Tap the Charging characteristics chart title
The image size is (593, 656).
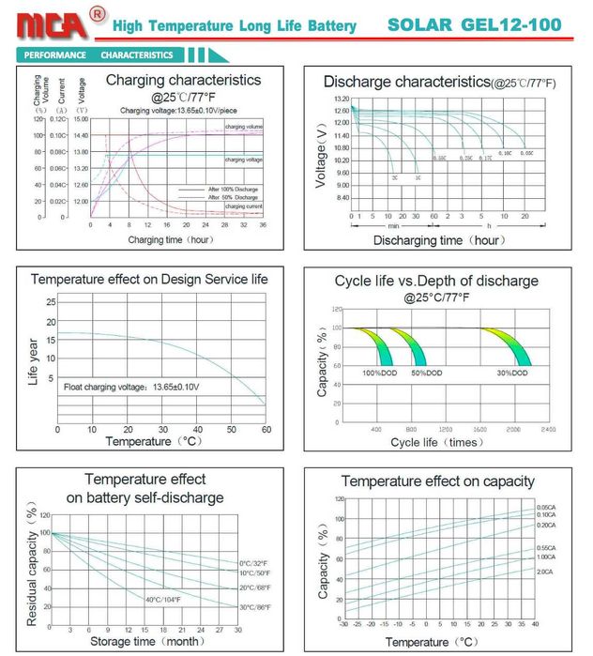[x=183, y=81]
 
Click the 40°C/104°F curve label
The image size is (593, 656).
[x=165, y=599]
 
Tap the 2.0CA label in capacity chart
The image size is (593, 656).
[x=545, y=572]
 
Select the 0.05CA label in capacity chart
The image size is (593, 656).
[x=546, y=507]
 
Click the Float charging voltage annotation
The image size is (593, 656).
[x=131, y=387]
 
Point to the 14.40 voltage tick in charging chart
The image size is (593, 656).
[x=81, y=136]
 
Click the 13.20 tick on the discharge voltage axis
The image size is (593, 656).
[x=341, y=99]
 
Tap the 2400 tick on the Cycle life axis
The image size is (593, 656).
[x=548, y=428]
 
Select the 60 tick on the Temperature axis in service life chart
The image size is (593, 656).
[x=266, y=429]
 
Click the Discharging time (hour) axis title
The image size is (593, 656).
[x=436, y=241]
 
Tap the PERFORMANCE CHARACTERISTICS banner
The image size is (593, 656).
[x=99, y=55]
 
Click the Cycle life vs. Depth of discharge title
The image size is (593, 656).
[x=436, y=281]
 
